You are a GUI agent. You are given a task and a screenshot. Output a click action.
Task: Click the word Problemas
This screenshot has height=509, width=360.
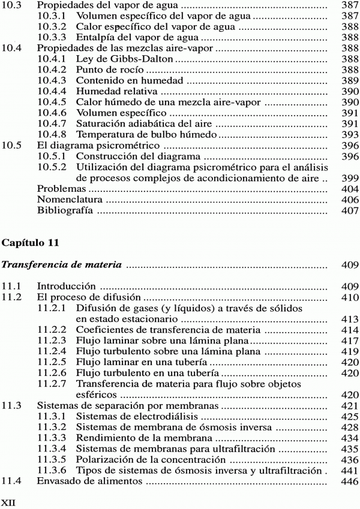click(x=61, y=189)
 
